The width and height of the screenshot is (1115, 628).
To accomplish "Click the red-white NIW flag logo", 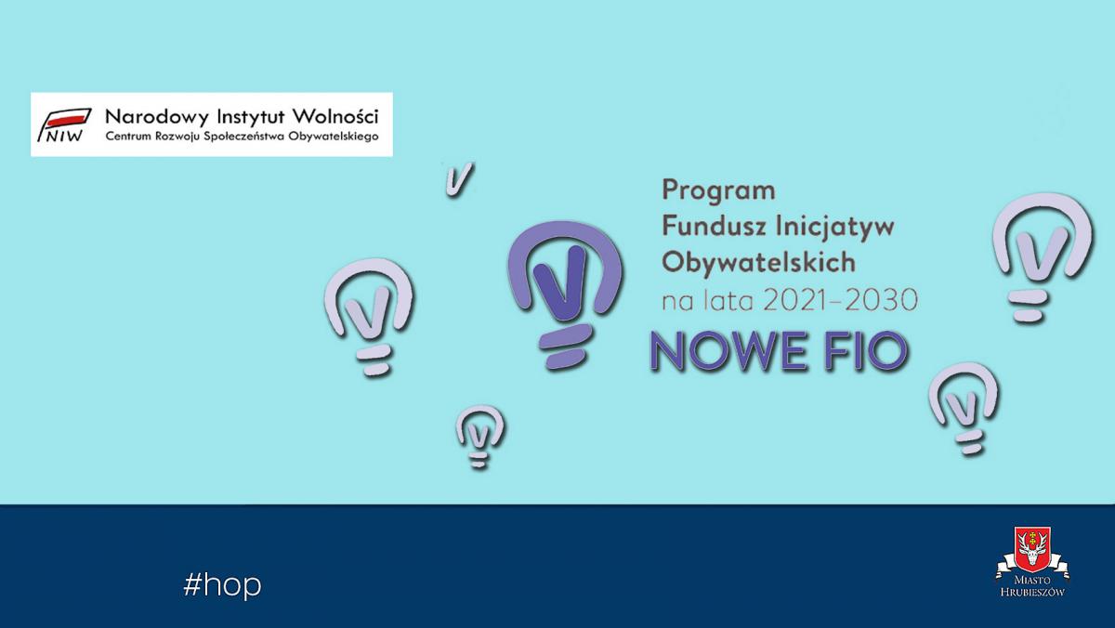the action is pyautogui.click(x=65, y=124).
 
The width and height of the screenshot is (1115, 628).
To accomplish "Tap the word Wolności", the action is pyautogui.click(x=335, y=116).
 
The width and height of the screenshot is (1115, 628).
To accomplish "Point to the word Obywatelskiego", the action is pyautogui.click(x=334, y=137).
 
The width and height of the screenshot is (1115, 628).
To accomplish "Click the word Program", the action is pyautogui.click(x=719, y=191).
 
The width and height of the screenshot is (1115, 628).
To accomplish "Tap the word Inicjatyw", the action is pyautogui.click(x=835, y=228).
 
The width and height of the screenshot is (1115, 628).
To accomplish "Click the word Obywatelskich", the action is pyautogui.click(x=758, y=261).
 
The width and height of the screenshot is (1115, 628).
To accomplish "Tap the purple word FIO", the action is pyautogui.click(x=866, y=351).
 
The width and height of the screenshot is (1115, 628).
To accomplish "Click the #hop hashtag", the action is pyautogui.click(x=222, y=585).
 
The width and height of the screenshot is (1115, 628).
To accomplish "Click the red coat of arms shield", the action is pyautogui.click(x=1033, y=549).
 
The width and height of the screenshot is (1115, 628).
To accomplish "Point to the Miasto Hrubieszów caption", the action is pyautogui.click(x=1032, y=586).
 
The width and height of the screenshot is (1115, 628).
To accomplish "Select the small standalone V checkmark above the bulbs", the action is pyautogui.click(x=459, y=179).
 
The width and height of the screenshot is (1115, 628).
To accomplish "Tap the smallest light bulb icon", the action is pyautogui.click(x=479, y=437).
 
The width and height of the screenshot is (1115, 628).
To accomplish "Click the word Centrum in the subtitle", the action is pyautogui.click(x=128, y=136).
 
